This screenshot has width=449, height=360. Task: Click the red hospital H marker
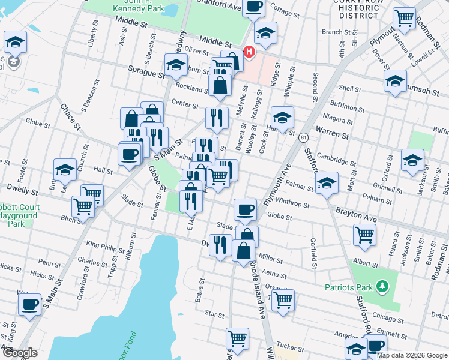(x=249, y=52)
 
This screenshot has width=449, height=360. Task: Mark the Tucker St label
(x=290, y=346)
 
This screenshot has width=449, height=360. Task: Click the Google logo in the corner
(x=19, y=353)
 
